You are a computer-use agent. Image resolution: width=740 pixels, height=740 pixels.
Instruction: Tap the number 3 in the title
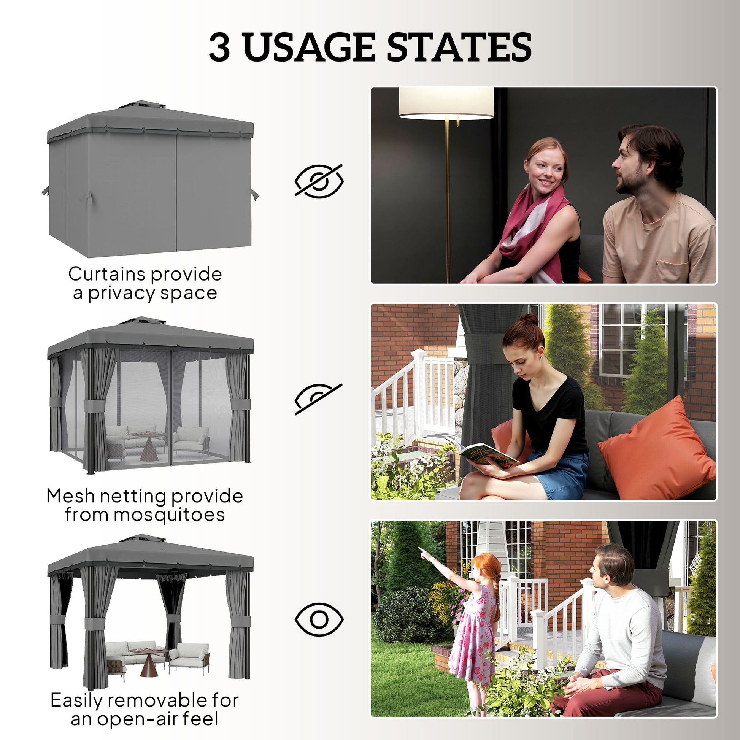[219, 48]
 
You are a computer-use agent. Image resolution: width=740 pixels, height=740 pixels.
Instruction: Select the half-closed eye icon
[318, 399]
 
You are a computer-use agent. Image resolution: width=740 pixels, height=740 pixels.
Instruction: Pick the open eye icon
[319, 619]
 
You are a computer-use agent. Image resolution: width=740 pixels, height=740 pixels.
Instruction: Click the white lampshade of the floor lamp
[446, 103]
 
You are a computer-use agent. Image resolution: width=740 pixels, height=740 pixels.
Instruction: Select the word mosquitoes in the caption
[169, 515]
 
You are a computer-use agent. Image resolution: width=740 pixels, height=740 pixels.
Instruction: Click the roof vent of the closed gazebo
[142, 104]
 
